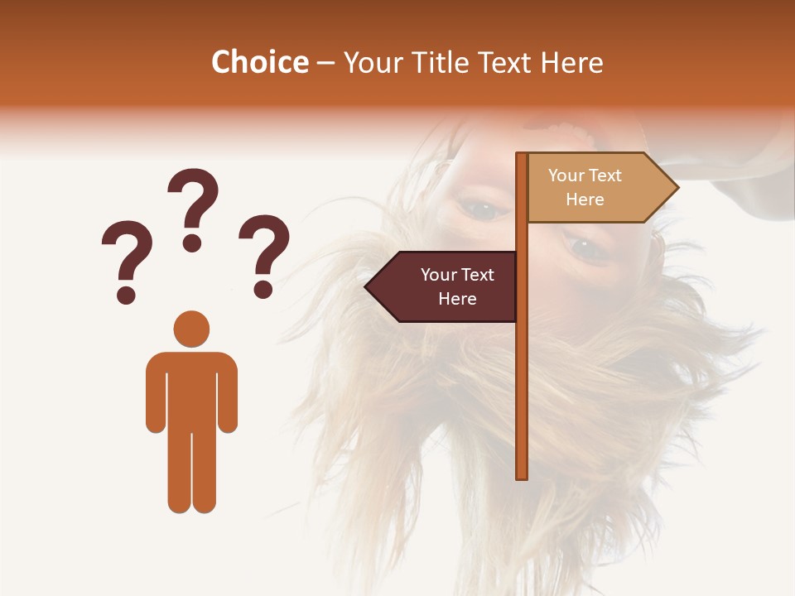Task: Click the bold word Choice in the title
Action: tap(259, 62)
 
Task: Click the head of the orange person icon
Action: tap(191, 329)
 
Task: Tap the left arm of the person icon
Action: tap(156, 392)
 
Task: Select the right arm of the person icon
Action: tap(228, 392)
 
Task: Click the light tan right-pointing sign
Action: tap(592, 188)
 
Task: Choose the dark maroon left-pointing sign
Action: tap(447, 286)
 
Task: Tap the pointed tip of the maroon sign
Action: tap(368, 287)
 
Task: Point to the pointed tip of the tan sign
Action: tap(676, 188)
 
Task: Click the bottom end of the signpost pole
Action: tap(522, 474)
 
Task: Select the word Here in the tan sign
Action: tap(585, 199)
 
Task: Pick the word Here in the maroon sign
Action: tap(457, 299)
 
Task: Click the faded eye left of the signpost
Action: tap(482, 209)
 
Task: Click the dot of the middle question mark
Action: tap(193, 243)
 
